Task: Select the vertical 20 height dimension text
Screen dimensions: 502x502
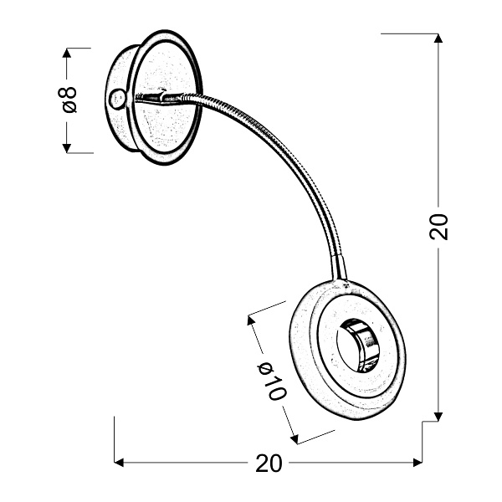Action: point(438,226)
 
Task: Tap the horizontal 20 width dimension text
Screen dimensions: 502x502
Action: point(269,464)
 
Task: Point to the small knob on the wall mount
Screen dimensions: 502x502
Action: point(116,99)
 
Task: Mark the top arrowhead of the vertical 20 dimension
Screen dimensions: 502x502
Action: point(437,38)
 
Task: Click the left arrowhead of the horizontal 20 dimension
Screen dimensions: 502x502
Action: point(118,462)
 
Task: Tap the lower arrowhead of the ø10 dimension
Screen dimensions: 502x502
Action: point(292,438)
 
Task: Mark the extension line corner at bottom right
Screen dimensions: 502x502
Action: point(423,424)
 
